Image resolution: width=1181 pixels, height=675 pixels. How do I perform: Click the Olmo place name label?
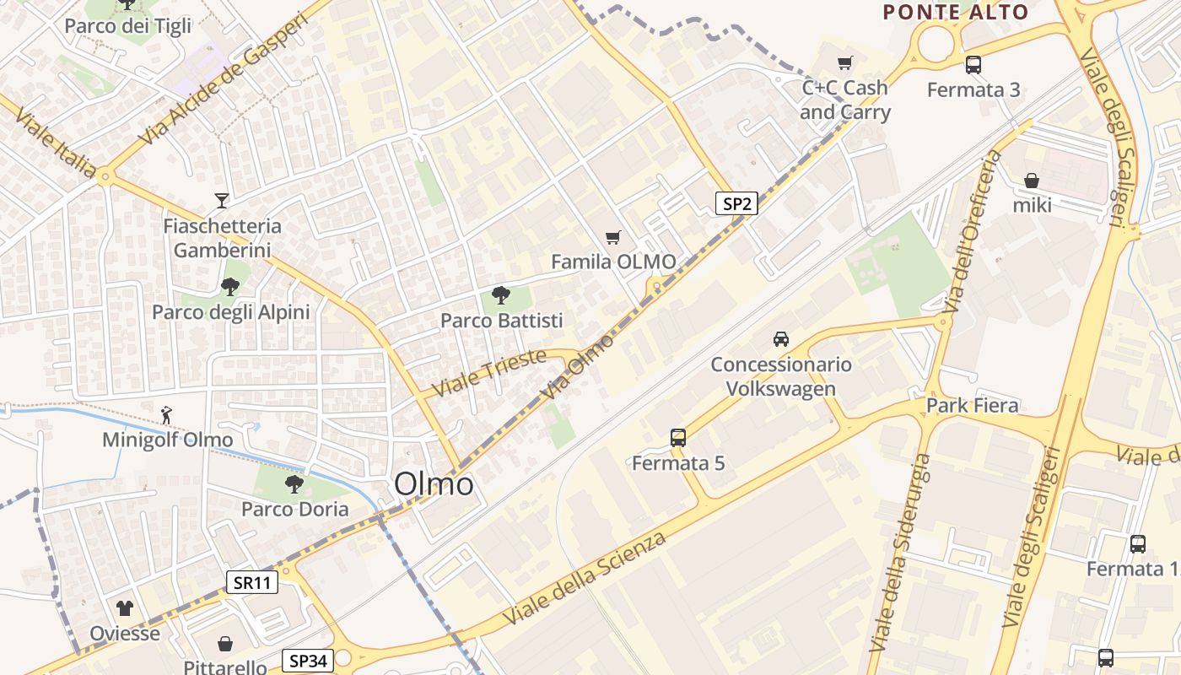(434, 484)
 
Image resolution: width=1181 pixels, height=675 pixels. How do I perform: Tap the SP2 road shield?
(736, 203)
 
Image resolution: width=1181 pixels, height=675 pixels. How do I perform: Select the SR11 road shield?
(252, 581)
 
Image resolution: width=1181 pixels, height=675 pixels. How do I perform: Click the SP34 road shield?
(307, 661)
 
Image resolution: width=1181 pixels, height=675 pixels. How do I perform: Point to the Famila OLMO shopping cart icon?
(613, 238)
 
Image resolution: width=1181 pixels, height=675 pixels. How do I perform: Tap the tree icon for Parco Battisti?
(501, 295)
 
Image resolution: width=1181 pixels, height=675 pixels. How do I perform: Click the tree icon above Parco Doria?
(294, 484)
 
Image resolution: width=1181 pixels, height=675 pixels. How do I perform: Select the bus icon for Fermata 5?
(678, 438)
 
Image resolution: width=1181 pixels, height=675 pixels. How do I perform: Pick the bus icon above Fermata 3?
(973, 64)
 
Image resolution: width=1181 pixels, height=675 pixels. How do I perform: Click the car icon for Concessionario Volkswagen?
(781, 339)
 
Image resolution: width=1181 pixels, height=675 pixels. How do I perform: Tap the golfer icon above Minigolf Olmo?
(167, 414)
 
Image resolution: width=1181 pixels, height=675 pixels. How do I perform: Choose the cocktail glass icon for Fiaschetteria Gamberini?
(222, 200)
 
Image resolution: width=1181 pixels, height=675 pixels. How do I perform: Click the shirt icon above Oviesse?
(125, 607)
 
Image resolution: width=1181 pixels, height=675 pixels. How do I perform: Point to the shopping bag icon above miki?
(1032, 181)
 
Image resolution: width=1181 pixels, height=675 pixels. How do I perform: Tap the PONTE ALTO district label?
(956, 12)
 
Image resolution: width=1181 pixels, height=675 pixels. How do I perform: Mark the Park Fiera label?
(972, 405)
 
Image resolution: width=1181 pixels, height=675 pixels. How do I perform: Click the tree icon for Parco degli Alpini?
(230, 287)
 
